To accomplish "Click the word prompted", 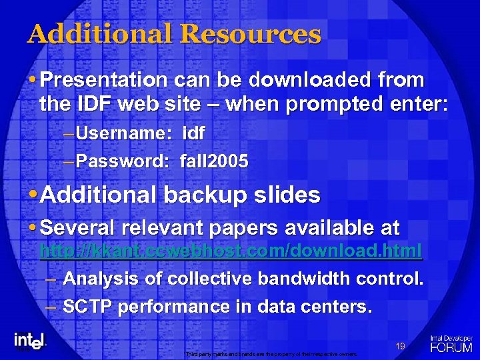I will coord(321,105).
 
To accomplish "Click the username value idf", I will coord(193,133).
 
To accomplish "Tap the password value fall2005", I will coord(214,161).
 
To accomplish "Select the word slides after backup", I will coord(289,195).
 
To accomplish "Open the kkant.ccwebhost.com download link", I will coord(231,252).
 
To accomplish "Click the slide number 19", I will coord(401,345).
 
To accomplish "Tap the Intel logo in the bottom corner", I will coord(29,340).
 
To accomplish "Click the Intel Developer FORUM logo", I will coord(451,343).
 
